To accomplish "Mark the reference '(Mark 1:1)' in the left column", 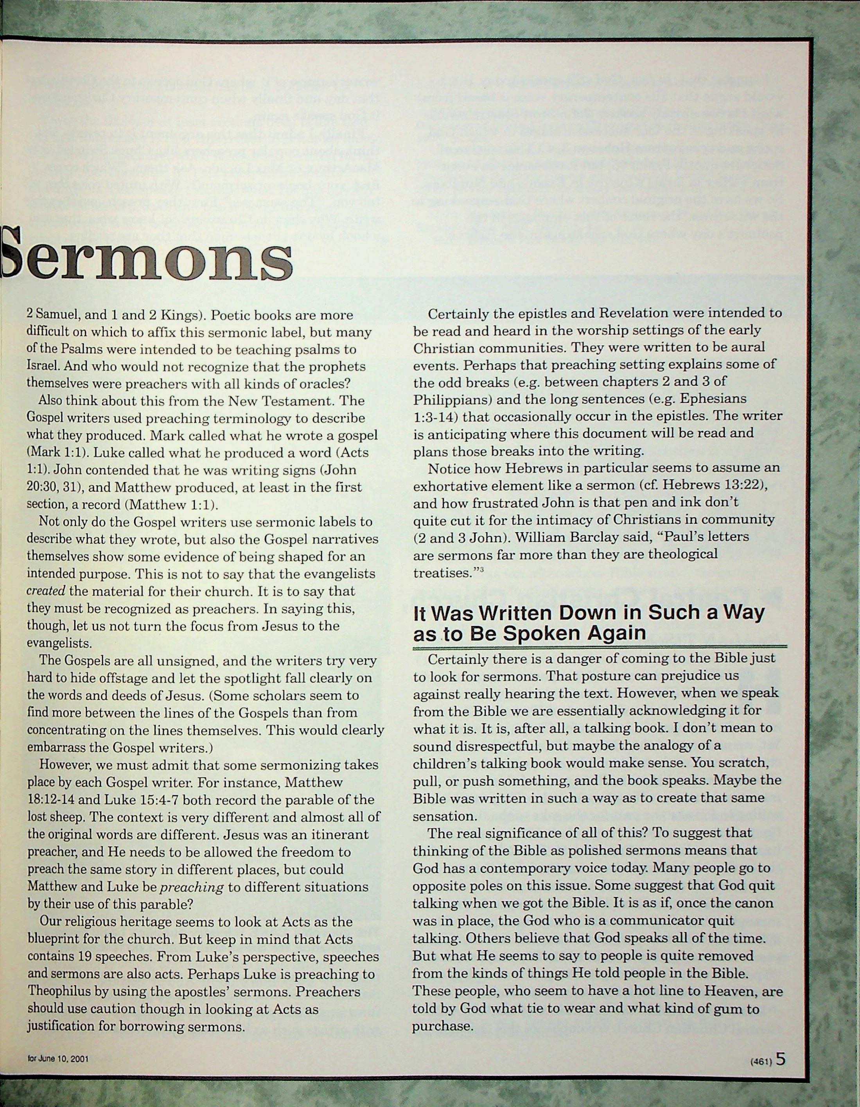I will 51,453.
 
